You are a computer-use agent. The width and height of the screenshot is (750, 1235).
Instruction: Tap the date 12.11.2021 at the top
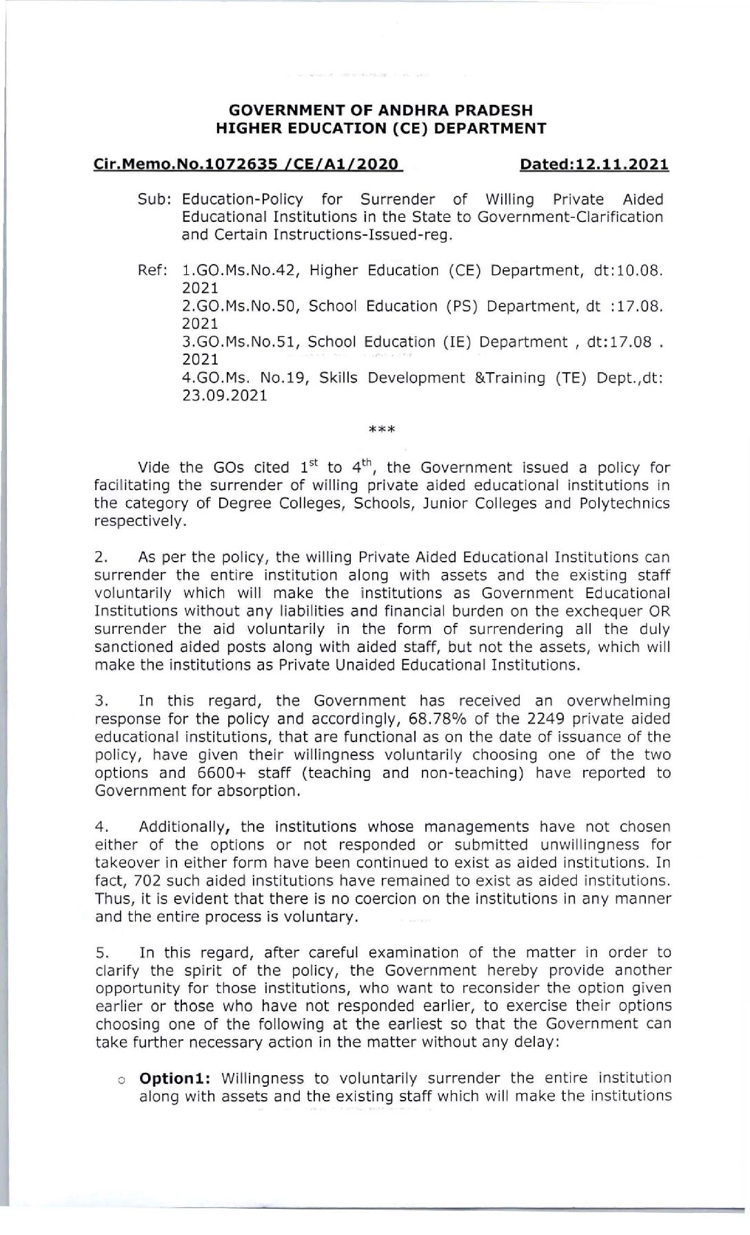(618, 165)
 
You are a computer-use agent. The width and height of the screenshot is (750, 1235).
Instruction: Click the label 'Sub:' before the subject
(154, 200)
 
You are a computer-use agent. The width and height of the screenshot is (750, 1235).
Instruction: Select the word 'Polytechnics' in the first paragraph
(628, 503)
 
